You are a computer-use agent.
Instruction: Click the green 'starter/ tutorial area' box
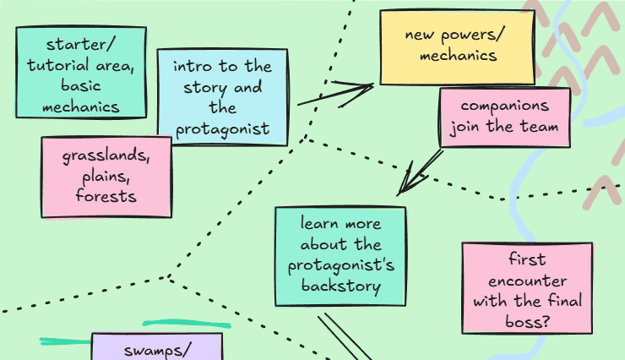[80, 73]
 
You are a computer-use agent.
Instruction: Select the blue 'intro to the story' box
[222, 98]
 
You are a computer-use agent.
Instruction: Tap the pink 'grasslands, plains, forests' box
[106, 177]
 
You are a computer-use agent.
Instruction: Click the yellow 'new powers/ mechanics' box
[457, 46]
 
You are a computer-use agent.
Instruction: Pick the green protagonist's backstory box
[340, 255]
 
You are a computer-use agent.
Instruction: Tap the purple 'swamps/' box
[156, 346]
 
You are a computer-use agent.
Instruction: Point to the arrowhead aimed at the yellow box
[365, 86]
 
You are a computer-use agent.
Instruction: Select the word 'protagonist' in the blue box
[222, 128]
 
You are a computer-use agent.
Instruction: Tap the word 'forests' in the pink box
[106, 196]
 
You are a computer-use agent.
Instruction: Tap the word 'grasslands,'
[106, 157]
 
